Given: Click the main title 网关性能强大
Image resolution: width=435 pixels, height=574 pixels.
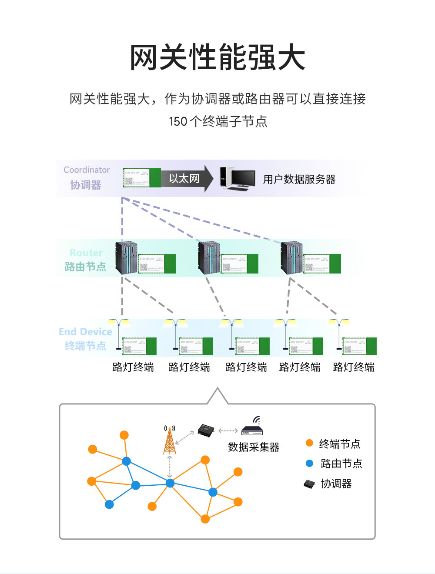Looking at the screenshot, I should (x=217, y=57).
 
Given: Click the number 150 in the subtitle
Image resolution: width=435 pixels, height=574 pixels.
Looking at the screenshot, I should (x=178, y=121).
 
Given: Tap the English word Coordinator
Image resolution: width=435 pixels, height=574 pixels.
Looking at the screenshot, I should (x=87, y=170).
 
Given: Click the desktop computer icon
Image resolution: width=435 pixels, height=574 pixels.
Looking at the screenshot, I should (x=237, y=179).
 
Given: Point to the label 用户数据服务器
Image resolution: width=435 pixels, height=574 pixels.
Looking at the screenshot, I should (x=299, y=179).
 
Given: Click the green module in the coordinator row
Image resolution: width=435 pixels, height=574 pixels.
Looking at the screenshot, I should (x=142, y=178).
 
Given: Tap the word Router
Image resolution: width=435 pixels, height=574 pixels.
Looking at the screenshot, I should (x=86, y=253).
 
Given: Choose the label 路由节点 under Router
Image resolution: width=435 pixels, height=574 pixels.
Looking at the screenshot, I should (x=85, y=267).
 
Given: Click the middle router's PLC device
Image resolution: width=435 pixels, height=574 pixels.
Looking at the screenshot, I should (x=209, y=257).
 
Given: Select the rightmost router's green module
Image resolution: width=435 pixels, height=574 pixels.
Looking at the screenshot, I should (x=322, y=264).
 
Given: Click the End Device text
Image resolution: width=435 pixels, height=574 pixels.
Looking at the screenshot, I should (x=85, y=332).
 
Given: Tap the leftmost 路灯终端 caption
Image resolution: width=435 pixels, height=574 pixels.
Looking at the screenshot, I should (x=133, y=367).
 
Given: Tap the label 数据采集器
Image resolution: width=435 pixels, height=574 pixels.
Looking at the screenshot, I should (x=254, y=447).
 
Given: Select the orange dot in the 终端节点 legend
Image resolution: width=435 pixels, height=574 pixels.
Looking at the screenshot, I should (x=309, y=443).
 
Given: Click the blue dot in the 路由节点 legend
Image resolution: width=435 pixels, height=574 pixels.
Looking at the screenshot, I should (x=309, y=464).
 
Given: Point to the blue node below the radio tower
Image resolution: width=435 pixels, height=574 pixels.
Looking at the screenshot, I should (x=170, y=483).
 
